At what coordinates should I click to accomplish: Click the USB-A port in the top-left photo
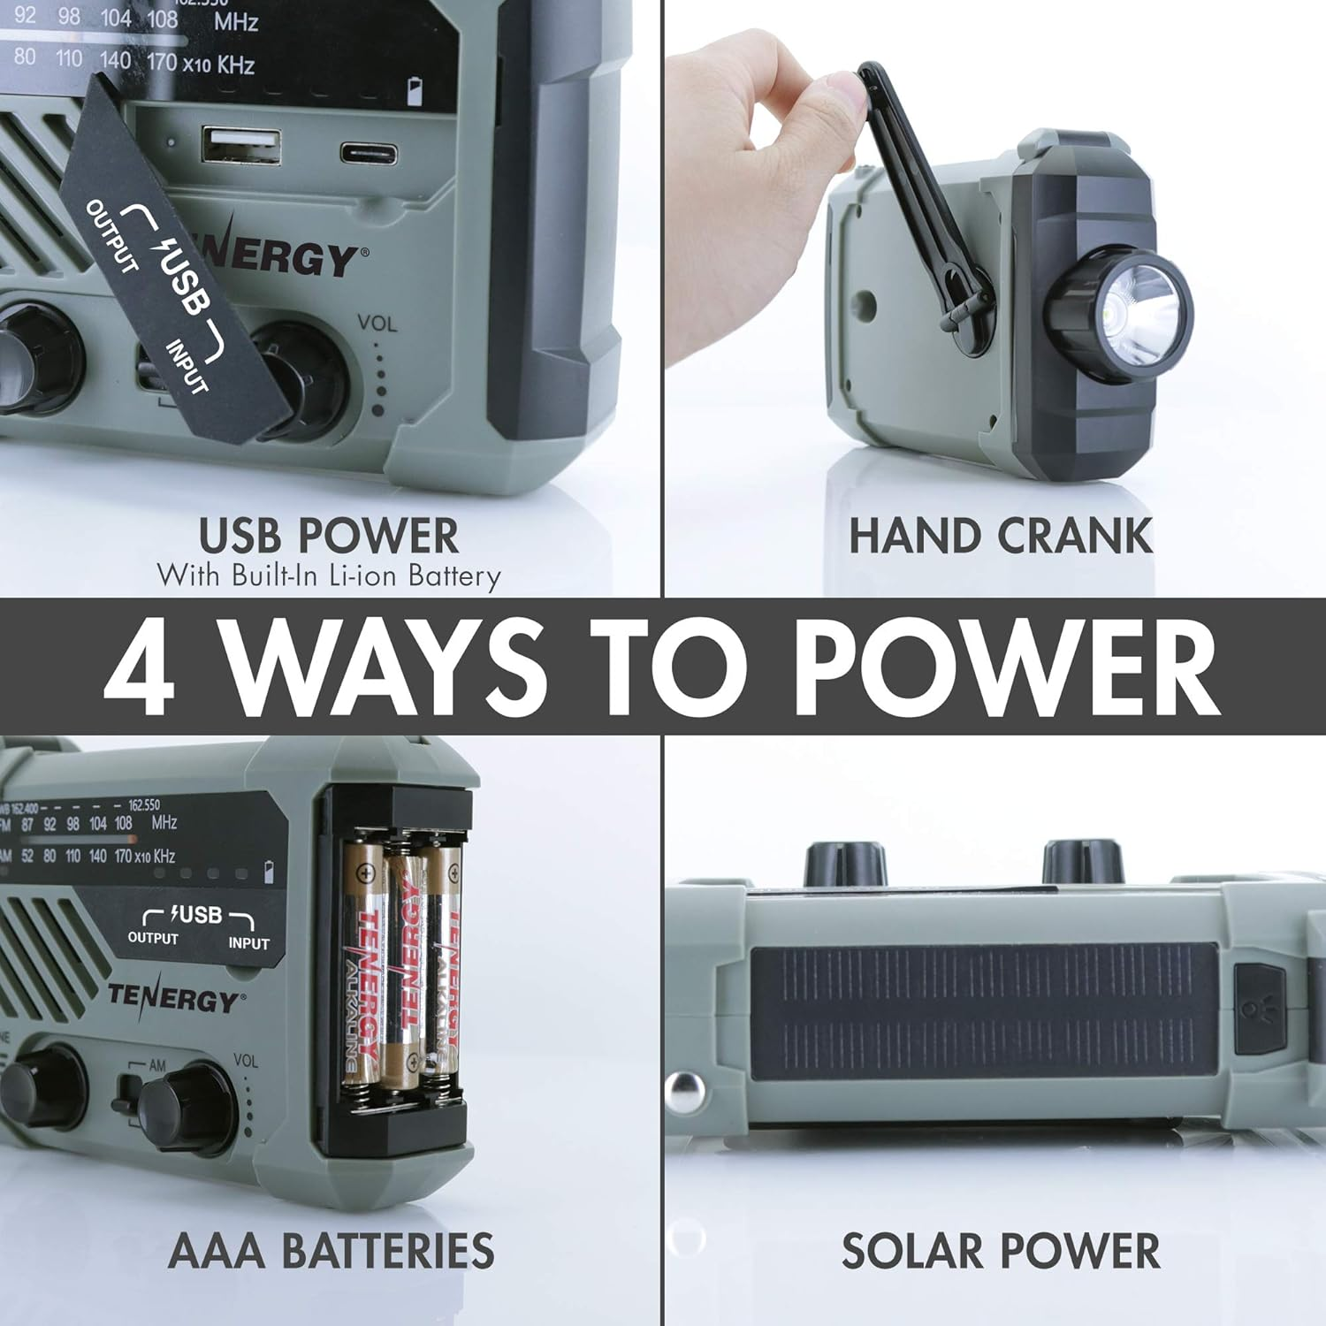(240, 146)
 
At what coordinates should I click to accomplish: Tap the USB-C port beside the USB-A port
(369, 152)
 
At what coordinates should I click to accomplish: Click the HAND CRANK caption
(1000, 536)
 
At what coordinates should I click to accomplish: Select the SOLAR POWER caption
(1000, 1251)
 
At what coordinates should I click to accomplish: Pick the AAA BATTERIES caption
(331, 1251)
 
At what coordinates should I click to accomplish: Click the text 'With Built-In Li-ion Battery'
(329, 575)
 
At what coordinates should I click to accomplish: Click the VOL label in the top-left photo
(377, 324)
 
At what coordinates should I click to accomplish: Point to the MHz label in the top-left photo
(235, 21)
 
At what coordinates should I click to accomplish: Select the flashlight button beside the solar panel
(1259, 1009)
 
